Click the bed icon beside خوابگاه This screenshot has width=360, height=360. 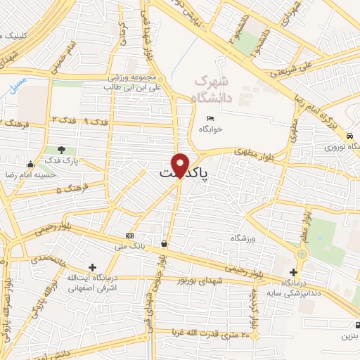point(209,118)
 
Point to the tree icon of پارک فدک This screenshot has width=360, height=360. point(61,150)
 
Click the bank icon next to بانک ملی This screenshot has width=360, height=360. point(129,236)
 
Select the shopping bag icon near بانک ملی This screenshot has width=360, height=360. point(164,244)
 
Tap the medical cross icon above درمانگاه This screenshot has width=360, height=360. point(294,272)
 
